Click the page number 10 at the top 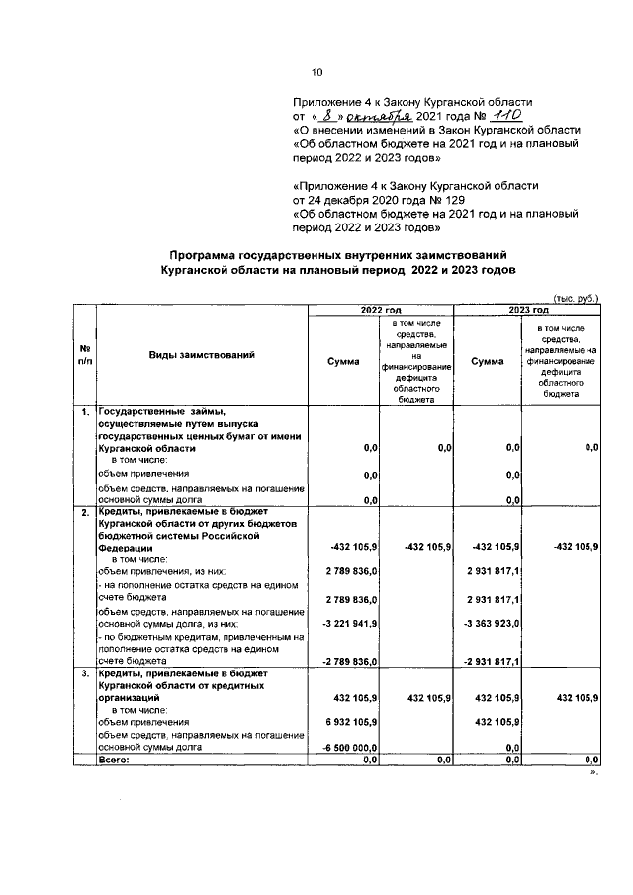[x=316, y=71]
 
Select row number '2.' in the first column [x=86, y=512]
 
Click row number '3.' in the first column [x=86, y=673]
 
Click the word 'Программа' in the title [x=213, y=256]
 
